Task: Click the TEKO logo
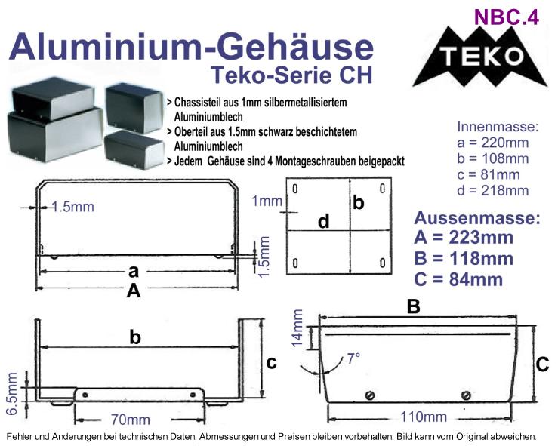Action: (479, 57)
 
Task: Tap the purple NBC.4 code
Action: (507, 17)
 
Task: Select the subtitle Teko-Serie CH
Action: (291, 75)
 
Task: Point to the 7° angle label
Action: (353, 358)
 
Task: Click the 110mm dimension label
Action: (424, 417)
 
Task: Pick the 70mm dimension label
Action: (130, 420)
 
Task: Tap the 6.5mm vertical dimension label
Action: (11, 394)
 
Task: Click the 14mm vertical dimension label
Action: (297, 328)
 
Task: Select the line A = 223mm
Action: (464, 238)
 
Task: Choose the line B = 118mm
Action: (464, 259)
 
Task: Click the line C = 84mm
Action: (458, 279)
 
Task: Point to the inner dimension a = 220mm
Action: (493, 143)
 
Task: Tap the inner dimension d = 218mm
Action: (493, 191)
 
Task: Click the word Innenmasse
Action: (498, 127)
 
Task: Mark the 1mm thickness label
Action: (267, 201)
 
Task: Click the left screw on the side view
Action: (370, 395)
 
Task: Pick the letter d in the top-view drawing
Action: (323, 221)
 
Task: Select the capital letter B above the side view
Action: (414, 306)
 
